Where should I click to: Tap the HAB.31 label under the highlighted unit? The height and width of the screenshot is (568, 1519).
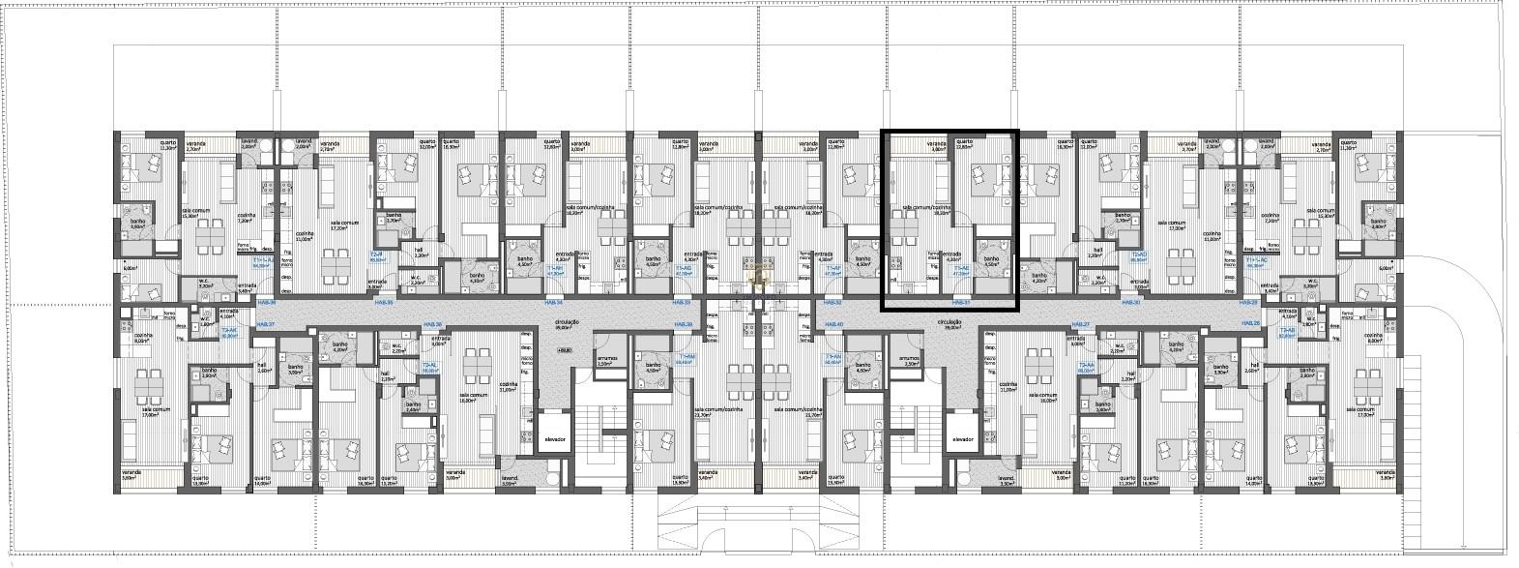tap(960, 303)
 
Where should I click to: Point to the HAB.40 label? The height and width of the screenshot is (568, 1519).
tap(833, 324)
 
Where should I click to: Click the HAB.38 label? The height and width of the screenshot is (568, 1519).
tap(433, 324)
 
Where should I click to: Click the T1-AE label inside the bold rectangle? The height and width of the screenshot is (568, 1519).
tap(961, 272)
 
